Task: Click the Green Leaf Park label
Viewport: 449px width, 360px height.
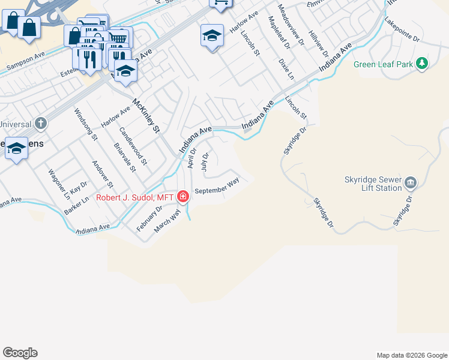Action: click(384, 64)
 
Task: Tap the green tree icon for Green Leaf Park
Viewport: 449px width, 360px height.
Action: click(422, 63)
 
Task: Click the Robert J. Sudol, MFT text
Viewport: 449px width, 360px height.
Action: click(134, 197)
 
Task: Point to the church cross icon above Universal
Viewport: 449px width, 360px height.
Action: click(40, 124)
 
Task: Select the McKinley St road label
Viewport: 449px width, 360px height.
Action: click(147, 116)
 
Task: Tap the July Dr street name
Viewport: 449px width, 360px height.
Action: click(205, 162)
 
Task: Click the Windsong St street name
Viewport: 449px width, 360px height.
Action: click(85, 124)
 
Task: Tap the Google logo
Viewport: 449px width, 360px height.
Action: click(20, 353)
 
